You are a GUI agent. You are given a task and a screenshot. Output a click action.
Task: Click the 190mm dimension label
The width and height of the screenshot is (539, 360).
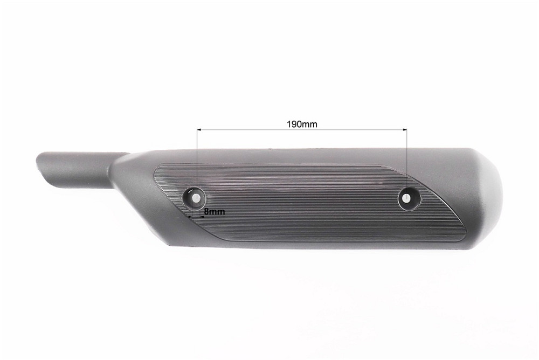tap(301, 123)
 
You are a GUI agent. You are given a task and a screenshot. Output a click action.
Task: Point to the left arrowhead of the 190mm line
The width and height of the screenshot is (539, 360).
tap(199, 130)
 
